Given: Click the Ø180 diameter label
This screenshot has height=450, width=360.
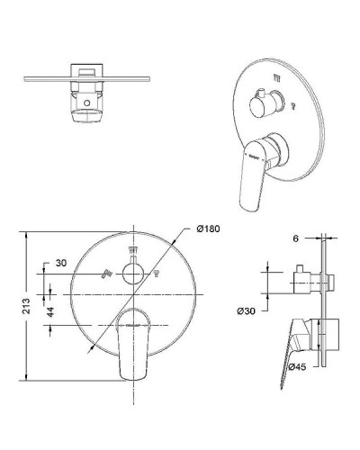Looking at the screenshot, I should [x=209, y=229].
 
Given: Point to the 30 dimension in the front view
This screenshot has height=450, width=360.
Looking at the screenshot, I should [x=60, y=263].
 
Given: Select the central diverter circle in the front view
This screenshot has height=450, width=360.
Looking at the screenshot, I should [x=135, y=274].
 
